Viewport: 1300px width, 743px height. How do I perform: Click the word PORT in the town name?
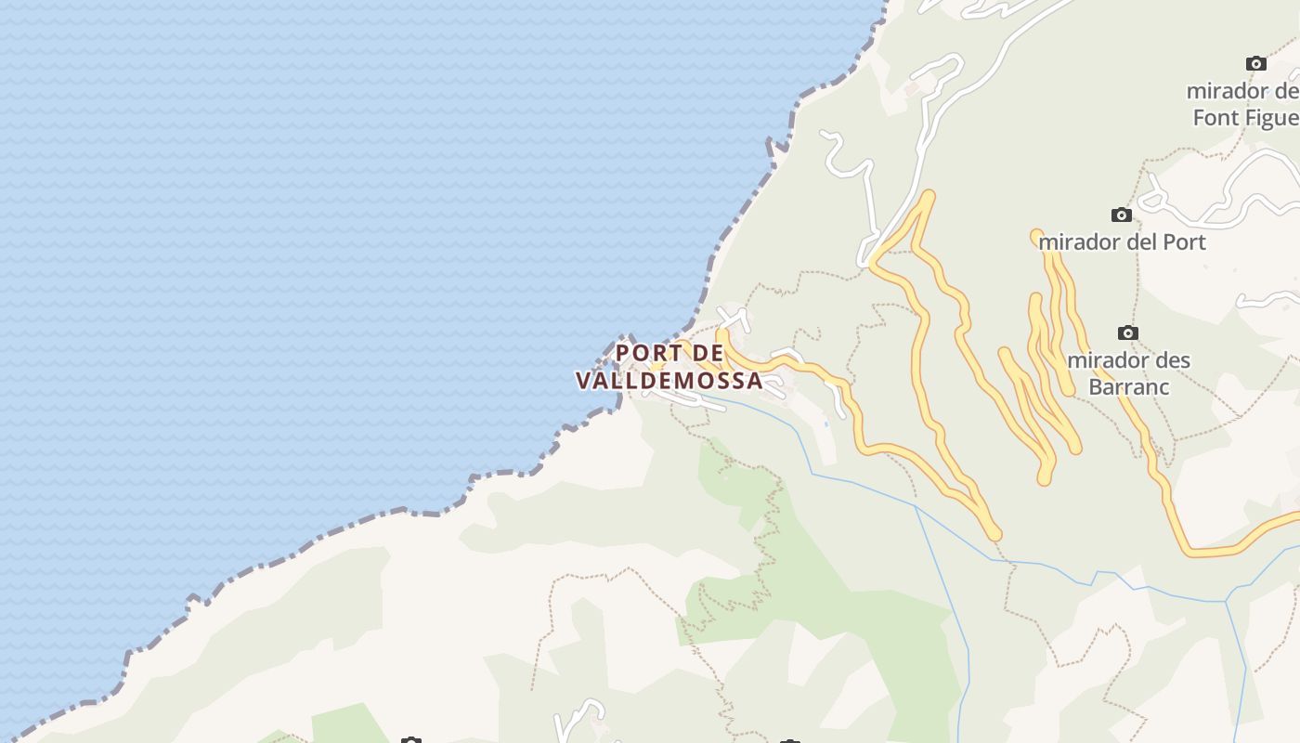pos(648,354)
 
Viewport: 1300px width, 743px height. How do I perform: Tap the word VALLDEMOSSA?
pos(669,381)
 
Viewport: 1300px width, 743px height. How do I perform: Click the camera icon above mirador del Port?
pos(1122,215)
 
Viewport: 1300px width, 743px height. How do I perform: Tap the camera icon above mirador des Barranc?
pos(1127,333)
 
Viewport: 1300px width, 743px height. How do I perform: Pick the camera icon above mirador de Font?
pos(1255,64)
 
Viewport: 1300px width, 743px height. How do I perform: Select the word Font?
pos(1216,118)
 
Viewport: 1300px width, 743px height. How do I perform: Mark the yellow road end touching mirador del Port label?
pos(1037,236)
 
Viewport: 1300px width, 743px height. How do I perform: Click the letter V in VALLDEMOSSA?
pos(584,381)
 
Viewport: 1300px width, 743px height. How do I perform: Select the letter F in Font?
pos(1200,118)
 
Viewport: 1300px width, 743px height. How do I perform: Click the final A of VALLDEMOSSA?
pos(754,381)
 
